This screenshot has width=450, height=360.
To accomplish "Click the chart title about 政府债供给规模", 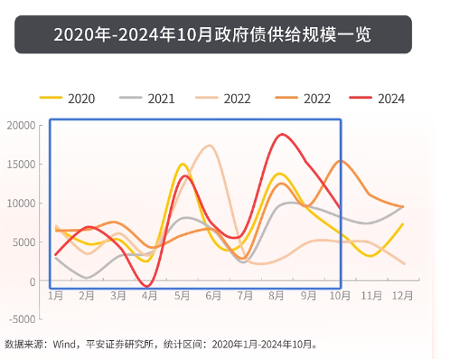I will click(x=212, y=34).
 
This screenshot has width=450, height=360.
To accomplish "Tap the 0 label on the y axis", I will click(x=32, y=281).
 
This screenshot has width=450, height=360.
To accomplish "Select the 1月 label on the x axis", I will click(x=55, y=296).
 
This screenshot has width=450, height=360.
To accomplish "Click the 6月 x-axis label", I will click(x=213, y=296).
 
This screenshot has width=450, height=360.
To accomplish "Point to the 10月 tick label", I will click(x=339, y=296).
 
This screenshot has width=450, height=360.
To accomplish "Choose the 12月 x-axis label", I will click(x=402, y=296).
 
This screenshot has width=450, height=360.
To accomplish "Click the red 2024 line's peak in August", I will click(x=283, y=134).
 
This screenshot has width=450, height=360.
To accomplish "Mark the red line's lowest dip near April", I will click(x=149, y=286).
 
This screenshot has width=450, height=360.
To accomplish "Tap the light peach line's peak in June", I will click(x=211, y=145).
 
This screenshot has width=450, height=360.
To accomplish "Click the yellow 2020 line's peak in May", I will click(x=183, y=164).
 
